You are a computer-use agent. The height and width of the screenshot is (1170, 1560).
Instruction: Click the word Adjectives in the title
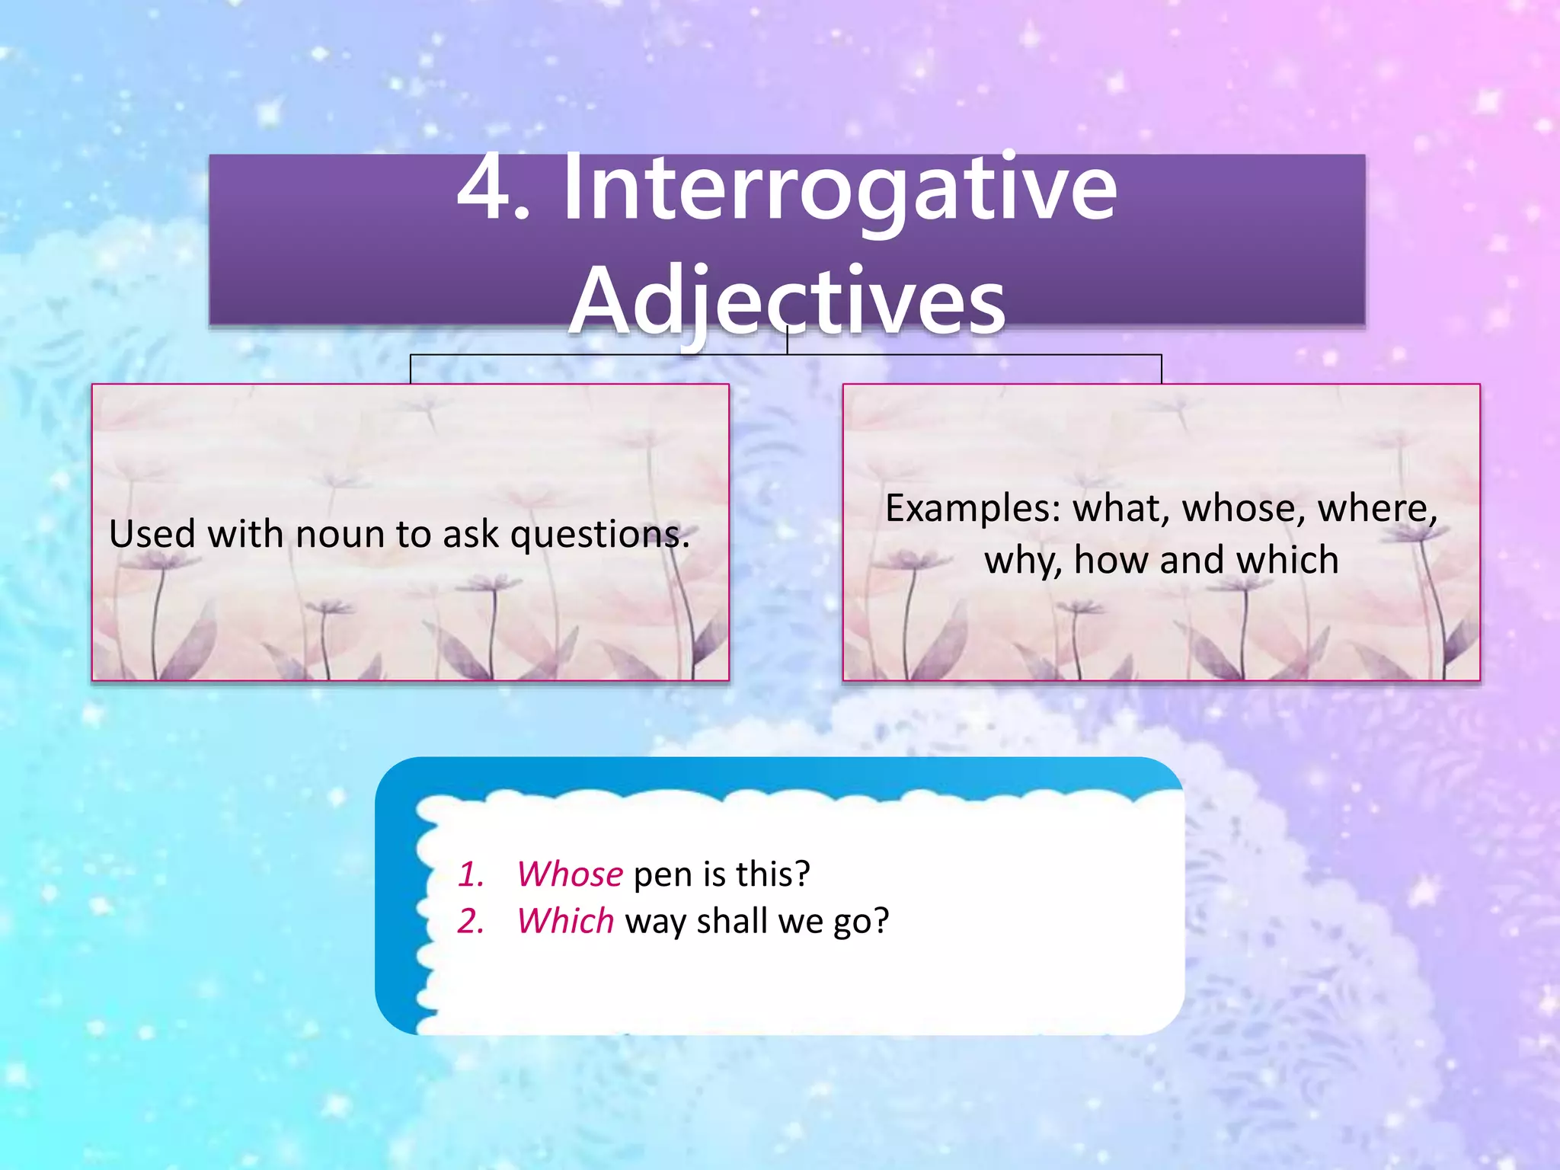(x=788, y=301)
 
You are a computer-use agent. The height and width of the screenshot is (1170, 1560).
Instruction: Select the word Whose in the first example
(x=570, y=874)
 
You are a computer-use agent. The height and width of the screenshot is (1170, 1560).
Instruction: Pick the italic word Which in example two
(x=565, y=921)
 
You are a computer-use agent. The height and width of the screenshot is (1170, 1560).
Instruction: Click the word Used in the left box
(x=152, y=534)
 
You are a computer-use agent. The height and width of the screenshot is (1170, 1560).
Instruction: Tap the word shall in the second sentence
(x=731, y=921)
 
